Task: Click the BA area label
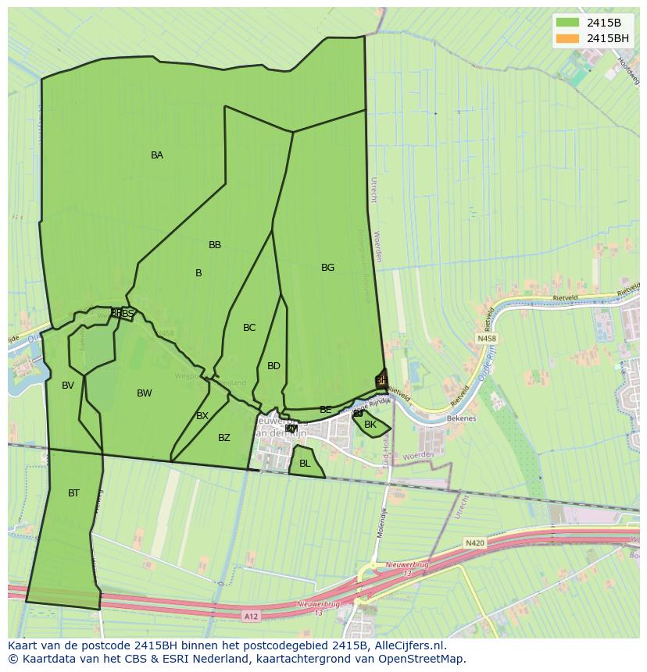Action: click(157, 155)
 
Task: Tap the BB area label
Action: click(215, 245)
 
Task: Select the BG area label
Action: click(327, 268)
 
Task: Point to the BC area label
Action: click(249, 328)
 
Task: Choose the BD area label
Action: click(273, 366)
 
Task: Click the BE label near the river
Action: click(326, 410)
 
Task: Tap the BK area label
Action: click(370, 425)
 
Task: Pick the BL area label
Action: click(305, 464)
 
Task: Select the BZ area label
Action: click(224, 438)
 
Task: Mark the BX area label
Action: click(202, 416)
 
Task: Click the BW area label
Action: click(145, 393)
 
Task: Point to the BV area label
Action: click(68, 386)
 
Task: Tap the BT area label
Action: click(73, 493)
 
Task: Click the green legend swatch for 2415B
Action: click(567, 23)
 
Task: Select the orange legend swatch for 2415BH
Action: click(567, 38)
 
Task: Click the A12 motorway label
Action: click(251, 617)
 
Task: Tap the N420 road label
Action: click(474, 542)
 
